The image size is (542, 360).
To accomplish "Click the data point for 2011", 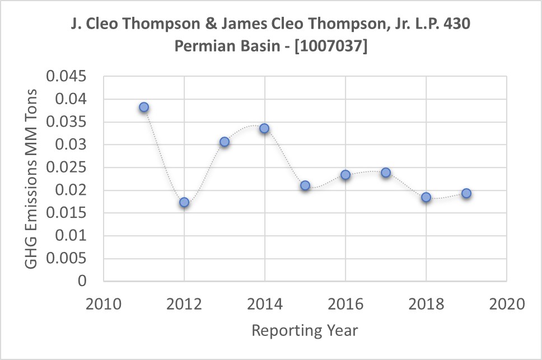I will point(144,107).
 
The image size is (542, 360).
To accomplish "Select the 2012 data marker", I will point(184,202).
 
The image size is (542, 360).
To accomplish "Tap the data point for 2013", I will point(225,142).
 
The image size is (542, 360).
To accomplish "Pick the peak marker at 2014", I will point(264,128).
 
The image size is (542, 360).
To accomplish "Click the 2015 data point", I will point(305,185).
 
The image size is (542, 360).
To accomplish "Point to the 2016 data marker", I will point(345,175).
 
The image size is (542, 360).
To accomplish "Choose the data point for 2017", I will point(386,172).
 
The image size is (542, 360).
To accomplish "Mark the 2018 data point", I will point(426,197).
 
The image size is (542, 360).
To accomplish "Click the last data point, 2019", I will point(466,193).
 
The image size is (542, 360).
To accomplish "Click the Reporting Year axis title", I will point(305,330).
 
